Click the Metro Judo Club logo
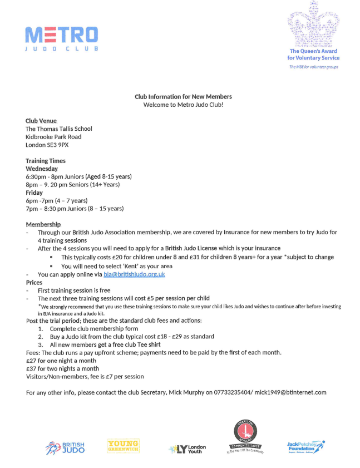click(61, 39)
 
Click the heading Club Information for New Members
click(183, 96)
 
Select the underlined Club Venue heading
click(41, 121)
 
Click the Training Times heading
click(46, 161)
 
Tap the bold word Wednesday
click(42, 169)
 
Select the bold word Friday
click(34, 193)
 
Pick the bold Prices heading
click(34, 283)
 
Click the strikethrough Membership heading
click(43, 224)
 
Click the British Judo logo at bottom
click(66, 447)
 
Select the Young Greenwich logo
click(123, 446)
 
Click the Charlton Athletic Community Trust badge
click(244, 437)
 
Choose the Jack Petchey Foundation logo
click(305, 446)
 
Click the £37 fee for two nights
click(32, 368)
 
